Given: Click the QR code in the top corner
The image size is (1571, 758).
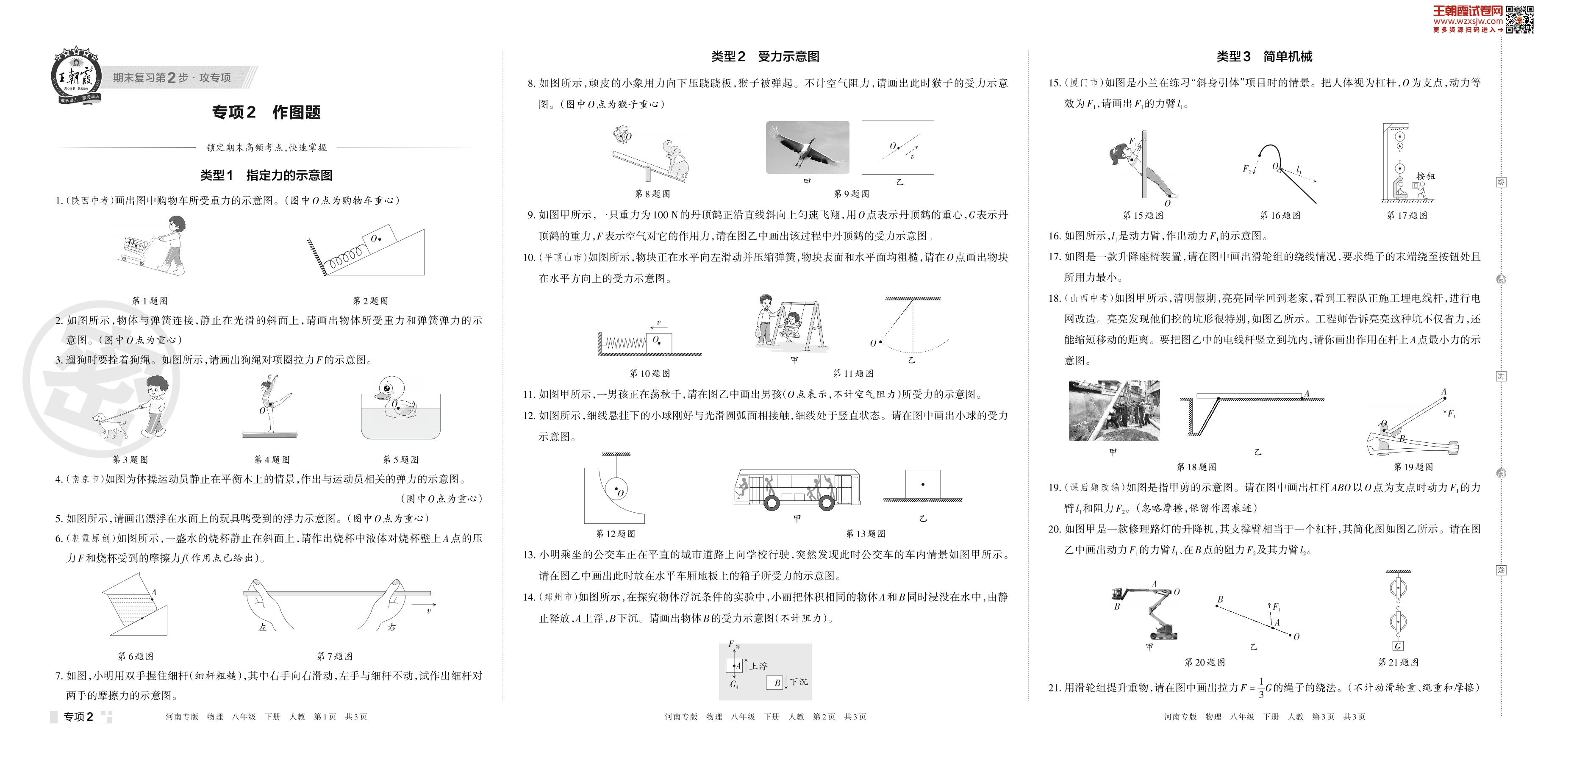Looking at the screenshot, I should point(1519,19).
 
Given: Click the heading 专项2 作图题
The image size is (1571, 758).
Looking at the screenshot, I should point(266,112).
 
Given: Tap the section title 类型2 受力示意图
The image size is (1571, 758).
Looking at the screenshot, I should point(765,57).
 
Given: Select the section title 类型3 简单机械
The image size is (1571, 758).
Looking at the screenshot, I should point(1264,57).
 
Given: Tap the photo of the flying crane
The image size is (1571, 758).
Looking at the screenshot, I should point(807,147).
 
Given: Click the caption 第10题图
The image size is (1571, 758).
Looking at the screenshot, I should point(649,373).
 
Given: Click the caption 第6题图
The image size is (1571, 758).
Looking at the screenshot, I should point(136,656).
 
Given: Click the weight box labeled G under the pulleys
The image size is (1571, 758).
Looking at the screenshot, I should point(1397,646).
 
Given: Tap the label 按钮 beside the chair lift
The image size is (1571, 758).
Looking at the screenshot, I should point(1425,176).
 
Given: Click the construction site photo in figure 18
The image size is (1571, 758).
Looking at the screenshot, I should point(1113,411).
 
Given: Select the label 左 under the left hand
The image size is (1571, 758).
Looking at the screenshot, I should point(263,628).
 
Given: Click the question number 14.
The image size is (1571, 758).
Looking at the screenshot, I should point(528,597).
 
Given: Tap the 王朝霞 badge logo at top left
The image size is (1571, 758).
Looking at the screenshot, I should point(75,78).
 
